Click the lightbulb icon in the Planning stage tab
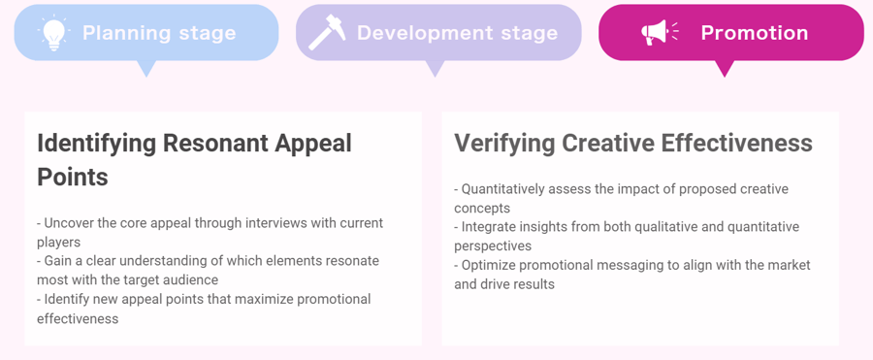coord(53,33)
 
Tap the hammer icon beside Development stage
coord(328,32)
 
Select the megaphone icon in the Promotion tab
coord(660,32)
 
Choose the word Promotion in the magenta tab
coord(755,32)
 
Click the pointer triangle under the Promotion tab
coord(725,69)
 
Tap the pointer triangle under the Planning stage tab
coord(145,69)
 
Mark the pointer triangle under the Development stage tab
coord(435,69)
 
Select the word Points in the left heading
coord(73,177)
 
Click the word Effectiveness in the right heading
coord(736,144)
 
